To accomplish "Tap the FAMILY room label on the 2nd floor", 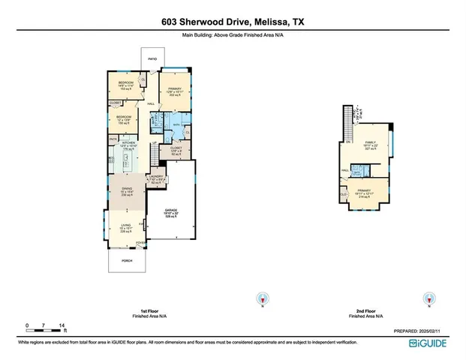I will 369,141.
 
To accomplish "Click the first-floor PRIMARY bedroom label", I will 175,88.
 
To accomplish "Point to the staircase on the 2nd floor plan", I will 347,123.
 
